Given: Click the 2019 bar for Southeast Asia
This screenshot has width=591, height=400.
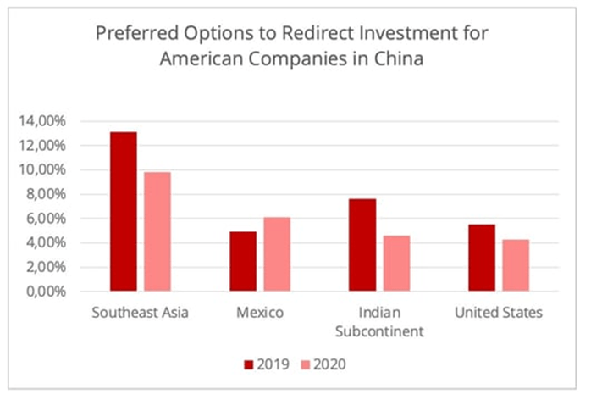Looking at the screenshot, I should pos(124,212).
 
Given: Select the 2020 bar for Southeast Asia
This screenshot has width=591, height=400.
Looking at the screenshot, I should pos(157,232).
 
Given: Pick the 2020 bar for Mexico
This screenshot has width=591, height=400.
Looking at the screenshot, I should pos(277,254).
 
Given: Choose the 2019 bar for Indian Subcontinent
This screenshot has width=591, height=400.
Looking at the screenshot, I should pos(362,245).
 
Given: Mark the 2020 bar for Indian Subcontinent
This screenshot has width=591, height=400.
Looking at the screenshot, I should pos(396,264).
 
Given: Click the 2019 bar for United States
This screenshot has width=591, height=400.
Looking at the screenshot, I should pos(482,258).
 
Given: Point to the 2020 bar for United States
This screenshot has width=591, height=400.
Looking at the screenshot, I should pos(516,265).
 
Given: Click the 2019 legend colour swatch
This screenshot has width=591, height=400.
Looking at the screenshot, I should pos(249,364).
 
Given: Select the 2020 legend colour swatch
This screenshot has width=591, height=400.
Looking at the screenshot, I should pos(307,364).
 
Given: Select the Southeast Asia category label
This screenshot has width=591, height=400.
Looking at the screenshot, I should pos(141,314).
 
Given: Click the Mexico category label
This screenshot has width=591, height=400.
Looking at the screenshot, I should pos(260,314).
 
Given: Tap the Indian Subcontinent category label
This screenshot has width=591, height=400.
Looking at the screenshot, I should pos(379,321).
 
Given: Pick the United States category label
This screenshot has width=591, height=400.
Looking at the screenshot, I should pos(499,314).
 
